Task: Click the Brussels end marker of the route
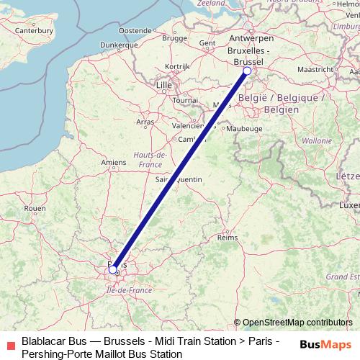click(x=247, y=71)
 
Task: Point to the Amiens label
click(x=113, y=163)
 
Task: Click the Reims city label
click(x=228, y=236)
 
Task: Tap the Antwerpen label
click(x=249, y=37)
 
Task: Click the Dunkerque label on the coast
click(x=119, y=45)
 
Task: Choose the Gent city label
click(x=207, y=42)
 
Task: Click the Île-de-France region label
click(x=127, y=289)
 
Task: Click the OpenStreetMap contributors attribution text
click(x=293, y=323)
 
